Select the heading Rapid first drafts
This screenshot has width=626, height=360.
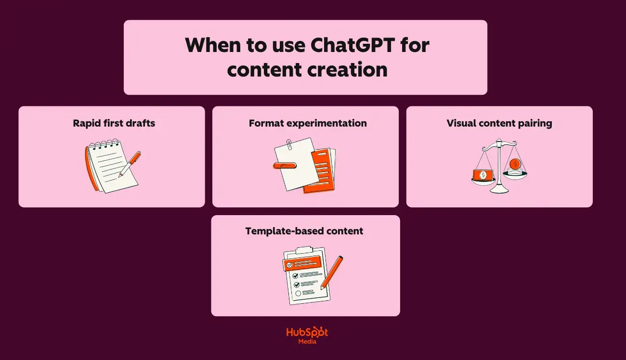tap(114, 123)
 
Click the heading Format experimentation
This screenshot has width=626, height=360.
tap(308, 123)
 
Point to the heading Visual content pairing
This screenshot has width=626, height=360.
tap(499, 123)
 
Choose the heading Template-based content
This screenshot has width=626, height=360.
tap(304, 231)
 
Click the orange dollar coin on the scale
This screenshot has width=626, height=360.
tap(515, 164)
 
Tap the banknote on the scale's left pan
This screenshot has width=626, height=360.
tap(482, 175)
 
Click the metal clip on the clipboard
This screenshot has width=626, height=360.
tap(304, 251)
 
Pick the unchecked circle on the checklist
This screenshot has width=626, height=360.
tap(298, 293)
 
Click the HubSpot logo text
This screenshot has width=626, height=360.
tap(307, 332)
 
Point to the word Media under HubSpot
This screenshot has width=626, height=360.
tap(307, 342)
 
